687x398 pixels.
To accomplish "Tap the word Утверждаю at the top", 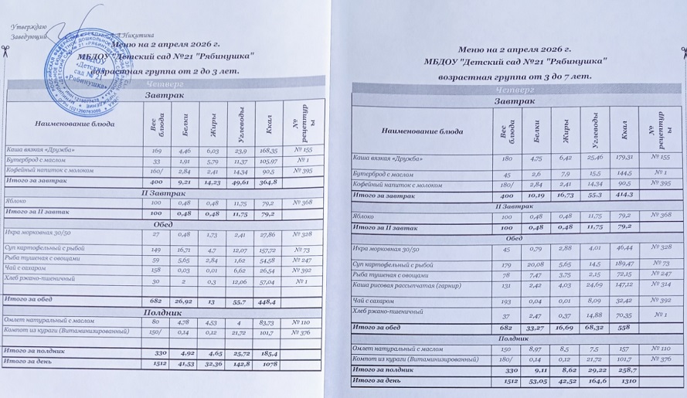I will [x=29, y=26].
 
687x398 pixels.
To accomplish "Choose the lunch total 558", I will [x=623, y=327].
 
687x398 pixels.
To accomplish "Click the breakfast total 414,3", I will [x=624, y=196].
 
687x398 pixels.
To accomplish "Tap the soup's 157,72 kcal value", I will [x=268, y=250].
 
